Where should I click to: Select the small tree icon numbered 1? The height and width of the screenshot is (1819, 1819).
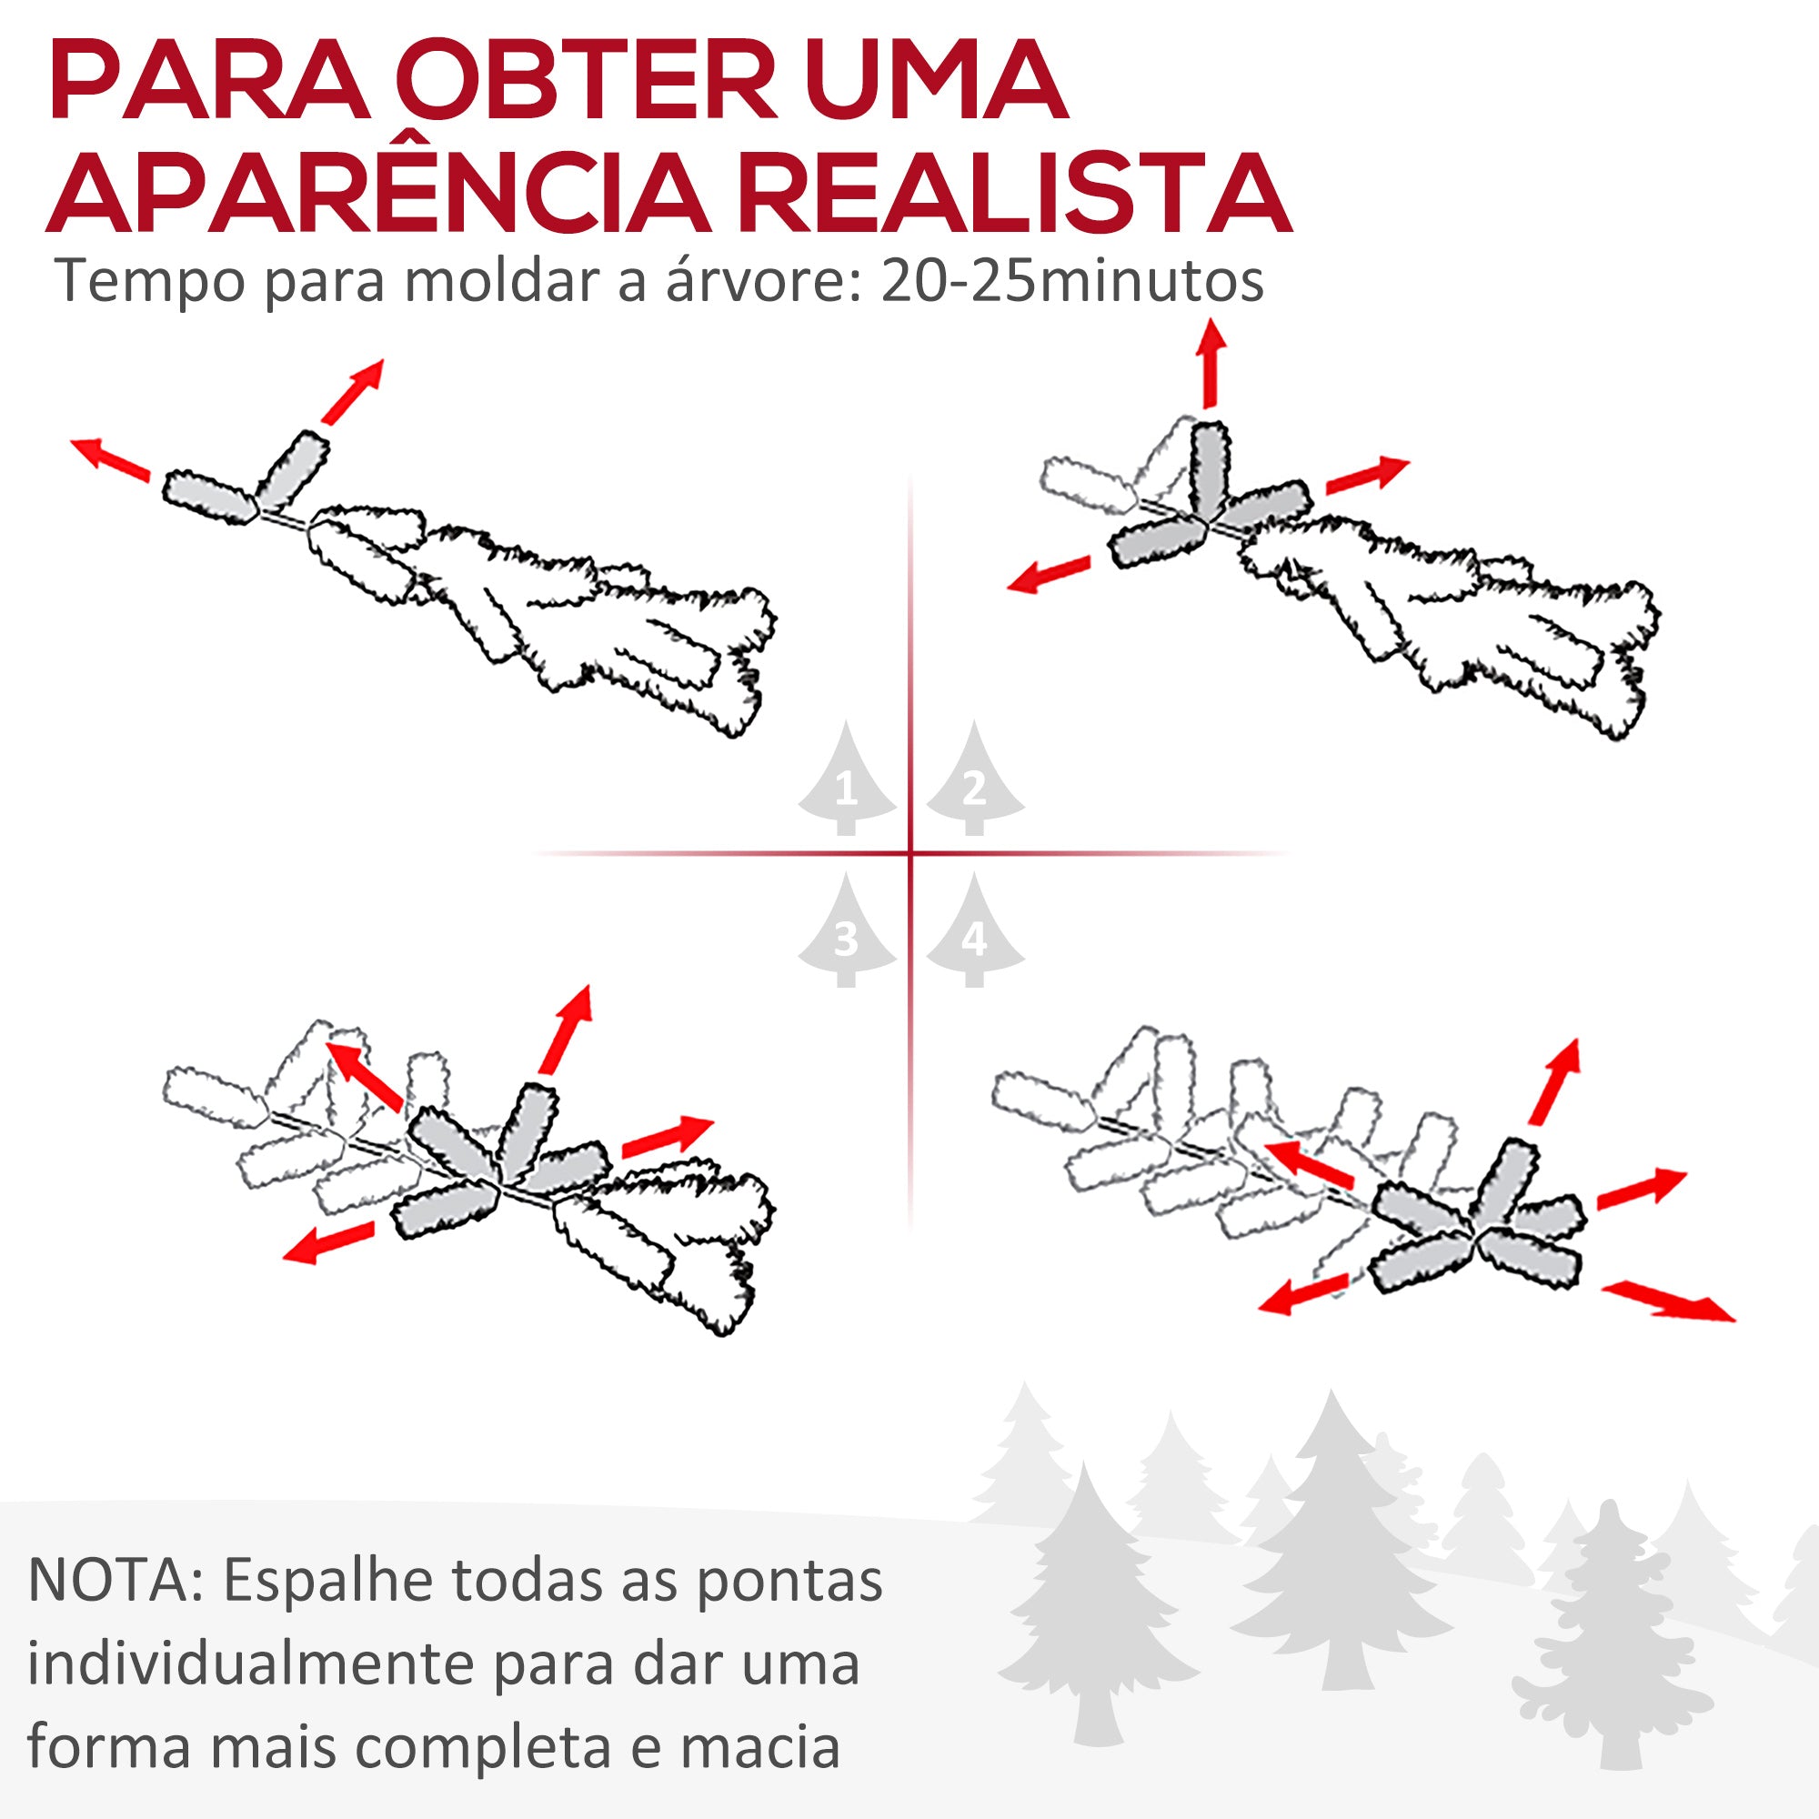[x=847, y=781]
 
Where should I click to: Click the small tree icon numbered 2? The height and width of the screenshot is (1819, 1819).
[x=974, y=781]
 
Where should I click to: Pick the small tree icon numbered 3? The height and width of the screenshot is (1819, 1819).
[x=847, y=933]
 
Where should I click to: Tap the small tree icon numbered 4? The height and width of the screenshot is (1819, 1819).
[x=974, y=933]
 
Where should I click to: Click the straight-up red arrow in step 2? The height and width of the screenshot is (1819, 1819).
[x=1211, y=364]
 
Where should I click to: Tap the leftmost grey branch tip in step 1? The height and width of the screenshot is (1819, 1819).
[x=210, y=498]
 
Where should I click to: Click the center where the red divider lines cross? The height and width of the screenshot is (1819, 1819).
[x=910, y=854]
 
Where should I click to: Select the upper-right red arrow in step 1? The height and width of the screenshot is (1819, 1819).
[x=353, y=391]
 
